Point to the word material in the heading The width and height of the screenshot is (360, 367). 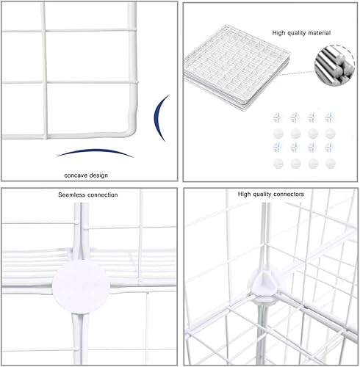[x=319, y=33]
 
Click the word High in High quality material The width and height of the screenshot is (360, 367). [x=280, y=33]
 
